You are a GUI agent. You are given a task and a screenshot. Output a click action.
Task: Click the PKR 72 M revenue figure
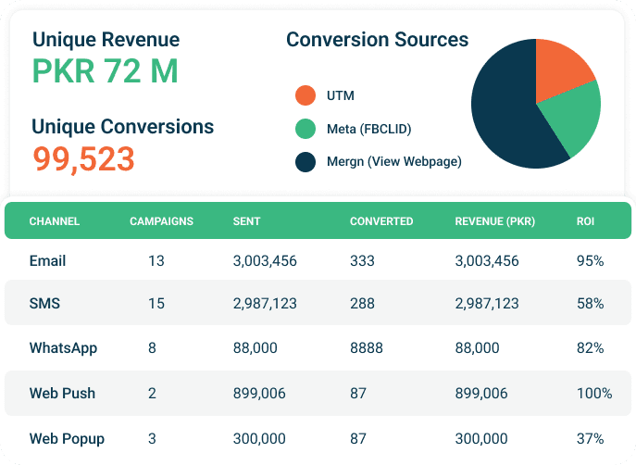coord(105,71)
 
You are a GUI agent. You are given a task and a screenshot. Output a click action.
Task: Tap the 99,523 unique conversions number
coord(84,158)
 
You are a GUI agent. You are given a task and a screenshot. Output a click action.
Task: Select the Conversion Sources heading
coord(377,40)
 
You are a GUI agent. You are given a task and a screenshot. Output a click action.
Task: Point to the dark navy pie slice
coord(505,111)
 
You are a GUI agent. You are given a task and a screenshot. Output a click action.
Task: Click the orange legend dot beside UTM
coord(306,95)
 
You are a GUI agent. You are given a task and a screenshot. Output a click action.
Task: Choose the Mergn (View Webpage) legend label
coord(393,162)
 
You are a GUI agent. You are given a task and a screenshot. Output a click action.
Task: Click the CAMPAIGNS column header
coord(161,221)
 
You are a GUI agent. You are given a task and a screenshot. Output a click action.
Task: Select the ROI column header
coord(585,221)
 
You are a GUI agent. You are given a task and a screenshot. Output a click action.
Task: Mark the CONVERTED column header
coord(381,221)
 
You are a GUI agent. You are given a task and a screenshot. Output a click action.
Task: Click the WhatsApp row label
coord(63,348)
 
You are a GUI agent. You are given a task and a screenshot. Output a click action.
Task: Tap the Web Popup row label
coord(67,437)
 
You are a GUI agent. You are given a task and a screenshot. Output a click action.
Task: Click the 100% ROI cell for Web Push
coord(593,393)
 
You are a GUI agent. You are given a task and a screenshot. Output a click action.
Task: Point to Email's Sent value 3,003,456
coord(265,261)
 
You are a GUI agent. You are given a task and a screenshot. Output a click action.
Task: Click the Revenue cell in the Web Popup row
coord(481,437)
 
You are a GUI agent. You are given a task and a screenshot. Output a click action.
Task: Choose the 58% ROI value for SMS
coord(590,304)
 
